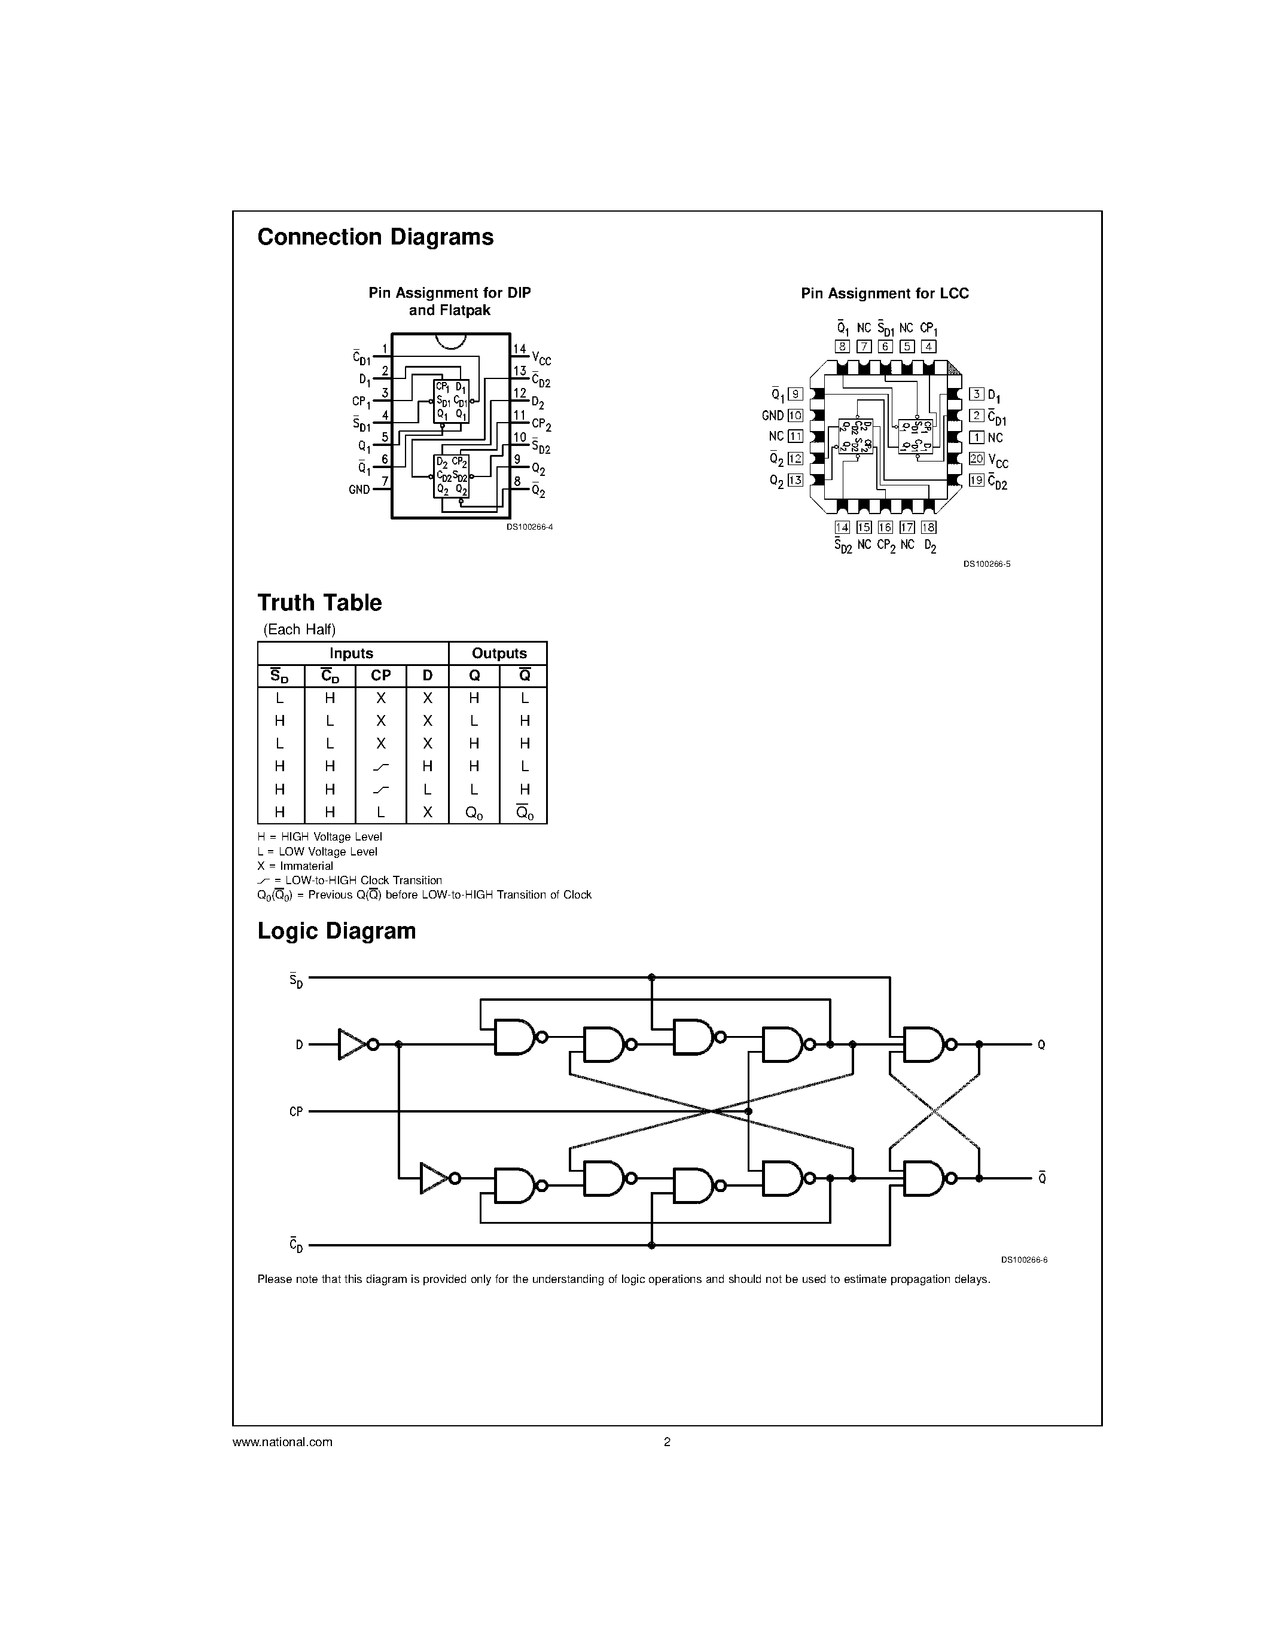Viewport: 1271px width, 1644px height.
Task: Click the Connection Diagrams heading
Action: [375, 237]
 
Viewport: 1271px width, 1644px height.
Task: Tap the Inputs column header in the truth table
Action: [351, 653]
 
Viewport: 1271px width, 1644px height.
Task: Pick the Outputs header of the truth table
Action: [498, 653]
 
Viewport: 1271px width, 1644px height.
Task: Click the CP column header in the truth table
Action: [380, 676]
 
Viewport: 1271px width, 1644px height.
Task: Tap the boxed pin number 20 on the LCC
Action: [977, 459]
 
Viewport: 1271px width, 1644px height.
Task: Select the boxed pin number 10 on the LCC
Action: [795, 415]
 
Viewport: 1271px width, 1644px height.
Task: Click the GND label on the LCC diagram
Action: [773, 415]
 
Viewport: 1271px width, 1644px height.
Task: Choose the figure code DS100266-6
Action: [1024, 1260]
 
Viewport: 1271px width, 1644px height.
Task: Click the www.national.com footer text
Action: [282, 1443]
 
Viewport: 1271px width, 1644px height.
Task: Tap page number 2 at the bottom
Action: [666, 1443]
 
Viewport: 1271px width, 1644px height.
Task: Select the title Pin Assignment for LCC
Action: [884, 294]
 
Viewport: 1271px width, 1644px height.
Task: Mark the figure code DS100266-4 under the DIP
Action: [529, 527]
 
